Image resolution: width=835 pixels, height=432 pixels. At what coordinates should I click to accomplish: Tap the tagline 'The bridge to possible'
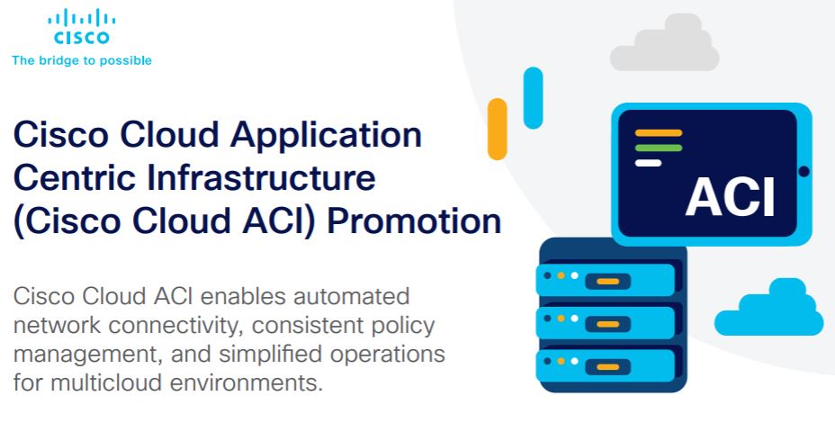click(82, 60)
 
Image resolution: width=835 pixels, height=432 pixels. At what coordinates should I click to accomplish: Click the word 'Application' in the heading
click(326, 135)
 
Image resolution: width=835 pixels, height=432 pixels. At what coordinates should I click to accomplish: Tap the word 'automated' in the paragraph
click(352, 296)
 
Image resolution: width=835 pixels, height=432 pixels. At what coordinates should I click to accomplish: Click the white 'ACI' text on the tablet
click(730, 198)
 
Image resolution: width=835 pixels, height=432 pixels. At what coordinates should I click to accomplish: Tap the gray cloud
click(665, 43)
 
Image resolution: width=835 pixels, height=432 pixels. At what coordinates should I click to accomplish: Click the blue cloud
click(769, 308)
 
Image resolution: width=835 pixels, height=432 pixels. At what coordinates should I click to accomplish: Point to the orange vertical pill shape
click(498, 129)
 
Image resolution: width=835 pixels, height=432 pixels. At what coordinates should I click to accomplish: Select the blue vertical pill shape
click(533, 98)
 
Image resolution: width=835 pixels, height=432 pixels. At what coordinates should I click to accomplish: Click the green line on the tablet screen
click(659, 148)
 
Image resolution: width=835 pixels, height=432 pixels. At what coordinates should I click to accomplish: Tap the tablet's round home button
click(804, 172)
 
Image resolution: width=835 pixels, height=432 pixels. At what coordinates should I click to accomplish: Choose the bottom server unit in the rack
click(606, 365)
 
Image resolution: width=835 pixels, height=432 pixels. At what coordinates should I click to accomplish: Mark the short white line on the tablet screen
click(648, 163)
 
